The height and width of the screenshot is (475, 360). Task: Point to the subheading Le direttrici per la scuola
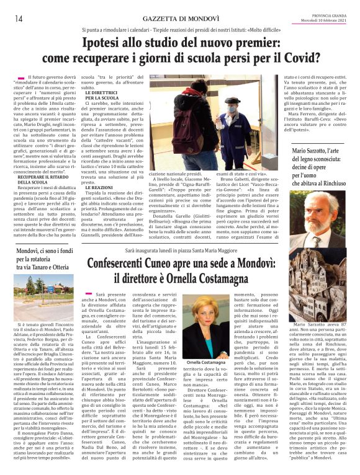(97, 95)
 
